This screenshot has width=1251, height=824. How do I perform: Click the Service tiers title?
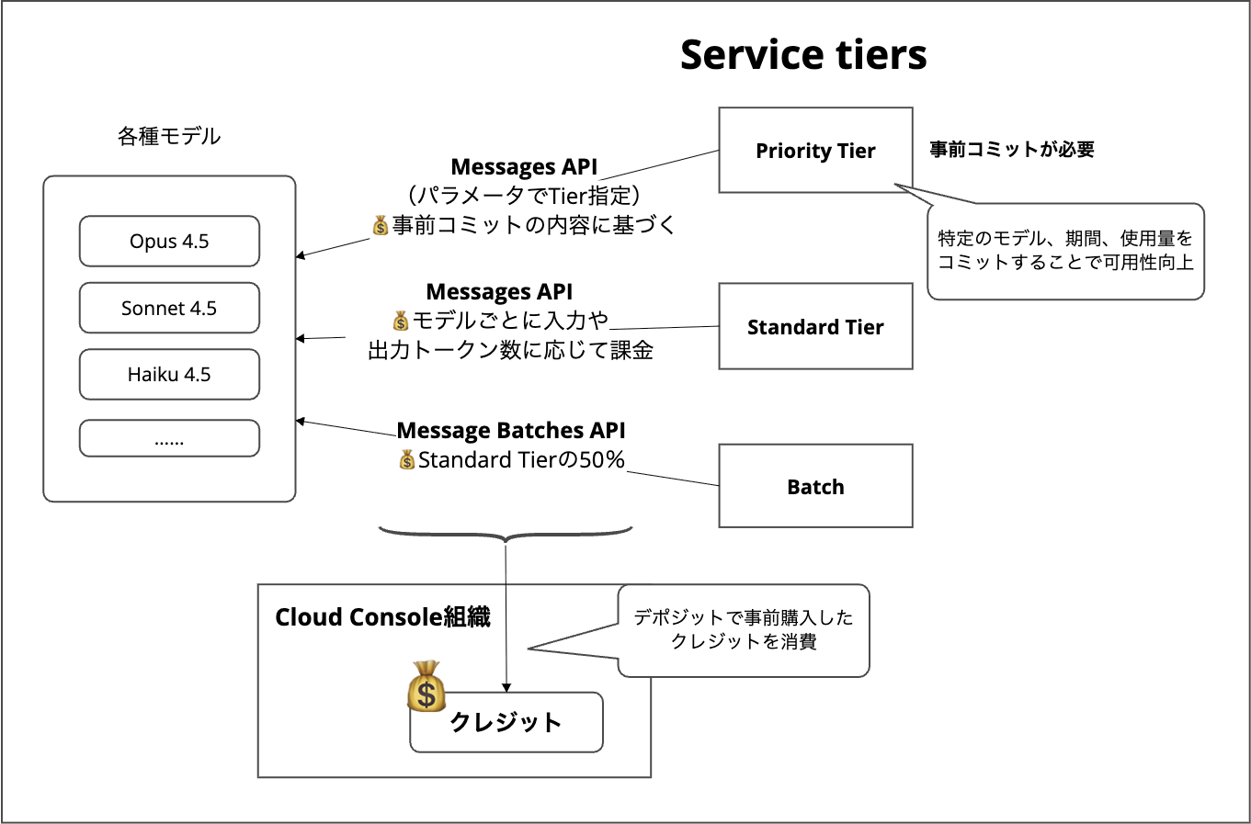coord(802,55)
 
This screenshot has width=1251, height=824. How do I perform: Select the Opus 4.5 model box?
coord(169,242)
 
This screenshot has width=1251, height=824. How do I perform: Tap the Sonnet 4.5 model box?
coord(169,309)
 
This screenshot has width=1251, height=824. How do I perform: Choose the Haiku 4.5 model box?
coord(169,375)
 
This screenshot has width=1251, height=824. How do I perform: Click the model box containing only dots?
coord(169,439)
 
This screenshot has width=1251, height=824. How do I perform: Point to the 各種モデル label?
coord(169,136)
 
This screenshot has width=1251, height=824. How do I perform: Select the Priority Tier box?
coord(815,151)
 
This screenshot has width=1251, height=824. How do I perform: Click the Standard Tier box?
coord(815,327)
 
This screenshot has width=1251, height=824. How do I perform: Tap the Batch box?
coord(815,487)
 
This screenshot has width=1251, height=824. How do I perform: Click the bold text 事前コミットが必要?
coord(1012,150)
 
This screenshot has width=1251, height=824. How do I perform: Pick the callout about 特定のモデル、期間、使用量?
coord(1065,251)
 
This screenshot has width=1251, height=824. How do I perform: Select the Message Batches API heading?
coord(511,431)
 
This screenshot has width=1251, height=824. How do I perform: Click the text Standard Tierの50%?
coord(521,460)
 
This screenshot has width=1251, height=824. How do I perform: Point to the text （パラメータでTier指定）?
coord(524,196)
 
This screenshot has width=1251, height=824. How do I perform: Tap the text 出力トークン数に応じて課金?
coord(510,350)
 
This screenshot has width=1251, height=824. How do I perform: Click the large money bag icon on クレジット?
coord(426,687)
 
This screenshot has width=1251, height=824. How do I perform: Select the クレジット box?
coord(506,723)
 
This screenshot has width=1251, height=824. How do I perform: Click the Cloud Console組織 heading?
coord(382,617)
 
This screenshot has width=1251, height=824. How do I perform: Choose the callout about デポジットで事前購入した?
coord(744,630)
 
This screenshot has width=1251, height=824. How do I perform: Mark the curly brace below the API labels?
coord(506,534)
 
